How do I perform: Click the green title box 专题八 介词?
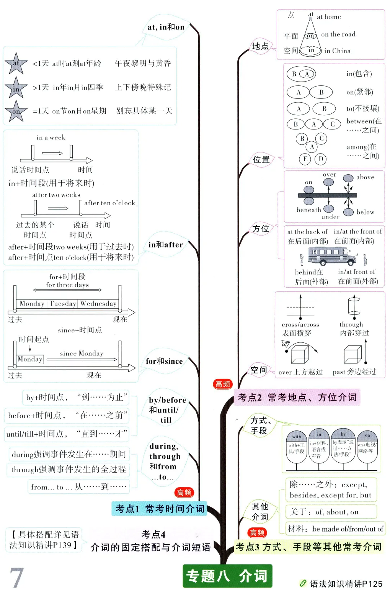227,576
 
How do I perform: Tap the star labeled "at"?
16,64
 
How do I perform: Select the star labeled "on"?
16,111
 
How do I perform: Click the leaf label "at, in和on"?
166,27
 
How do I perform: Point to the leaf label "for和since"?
164,361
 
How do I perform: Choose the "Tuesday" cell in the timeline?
63,304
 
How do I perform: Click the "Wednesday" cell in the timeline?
98,304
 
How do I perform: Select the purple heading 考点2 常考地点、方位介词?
297,398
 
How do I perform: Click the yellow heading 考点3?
308,547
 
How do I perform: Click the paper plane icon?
286,344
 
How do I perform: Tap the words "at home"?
329,17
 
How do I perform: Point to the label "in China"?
337,51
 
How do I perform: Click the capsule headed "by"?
343,446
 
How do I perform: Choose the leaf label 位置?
261,160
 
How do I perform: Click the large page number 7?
17,578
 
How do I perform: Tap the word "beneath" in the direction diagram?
308,210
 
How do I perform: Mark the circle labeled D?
321,159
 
